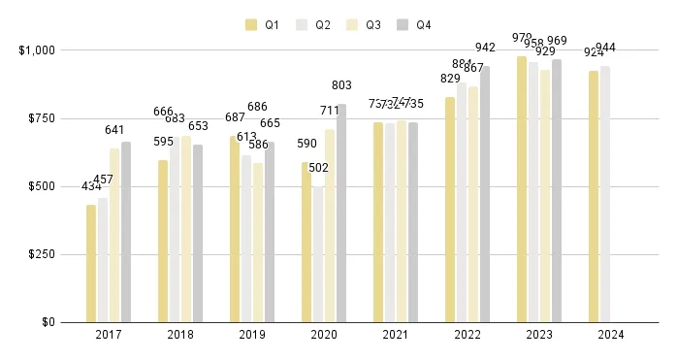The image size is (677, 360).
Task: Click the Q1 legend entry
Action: coord(263,24)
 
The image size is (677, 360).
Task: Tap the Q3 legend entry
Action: coord(366,24)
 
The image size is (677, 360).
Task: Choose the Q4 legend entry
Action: coord(415,24)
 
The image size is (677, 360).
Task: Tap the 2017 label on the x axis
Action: coord(109,335)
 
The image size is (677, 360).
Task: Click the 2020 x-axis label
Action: coord(324,335)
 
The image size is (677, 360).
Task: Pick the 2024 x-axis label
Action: coord(611,335)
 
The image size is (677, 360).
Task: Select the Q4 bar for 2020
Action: coord(341,213)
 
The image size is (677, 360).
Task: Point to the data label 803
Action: coord(341,85)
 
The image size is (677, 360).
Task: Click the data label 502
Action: coord(318,167)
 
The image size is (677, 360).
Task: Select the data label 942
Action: coord(486,48)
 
